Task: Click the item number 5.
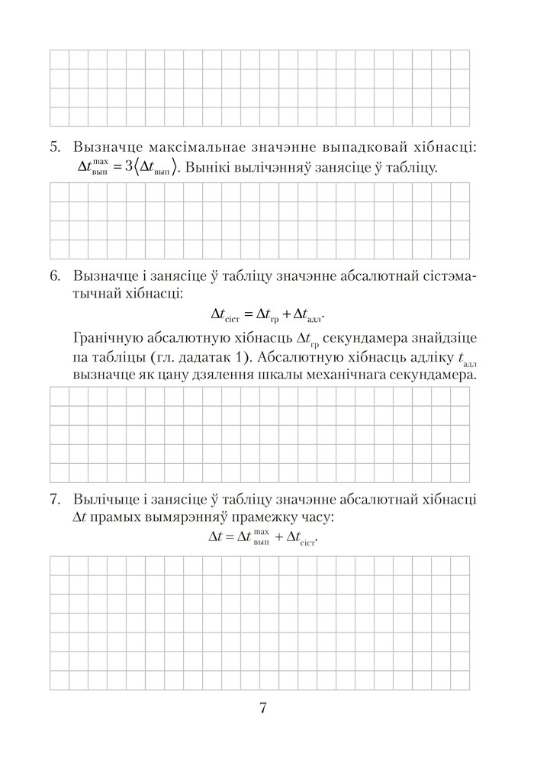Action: pos(54,146)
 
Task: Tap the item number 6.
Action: pos(54,275)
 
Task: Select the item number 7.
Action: pos(54,500)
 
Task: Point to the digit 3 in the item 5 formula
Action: pos(127,166)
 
